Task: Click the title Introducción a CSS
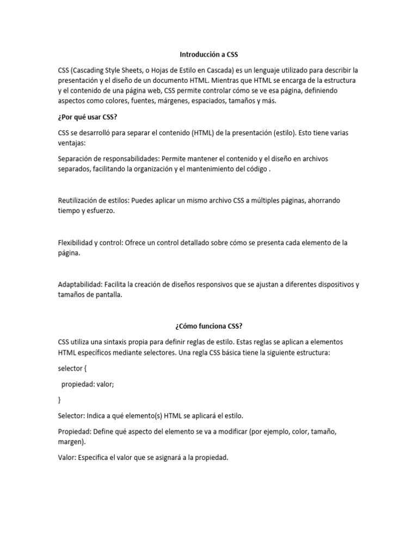tap(209, 55)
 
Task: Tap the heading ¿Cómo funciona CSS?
tap(209, 326)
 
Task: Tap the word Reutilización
tap(81, 201)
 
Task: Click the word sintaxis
tap(127, 342)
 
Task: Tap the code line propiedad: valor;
tap(88, 384)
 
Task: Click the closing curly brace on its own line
tap(59, 399)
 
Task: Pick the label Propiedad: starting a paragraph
tap(75, 432)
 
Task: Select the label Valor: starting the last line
tap(67, 458)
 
